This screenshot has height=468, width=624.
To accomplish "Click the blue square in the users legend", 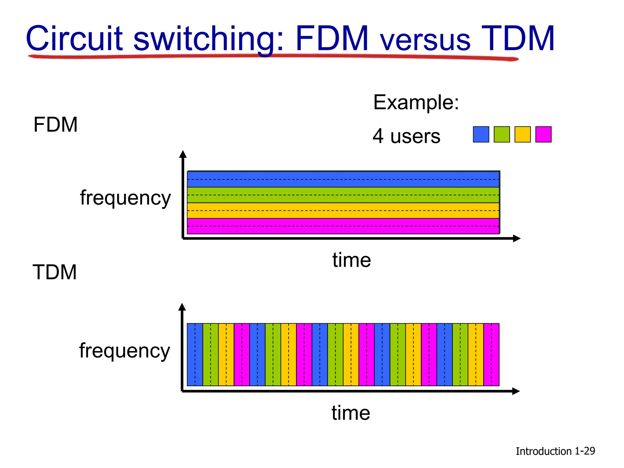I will tap(481, 134).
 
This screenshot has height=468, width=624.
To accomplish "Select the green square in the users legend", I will tap(502, 134).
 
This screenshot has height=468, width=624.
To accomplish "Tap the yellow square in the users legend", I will tap(523, 134).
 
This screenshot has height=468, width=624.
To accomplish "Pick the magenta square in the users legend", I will tap(543, 134).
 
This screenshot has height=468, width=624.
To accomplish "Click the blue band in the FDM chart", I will tap(343, 179).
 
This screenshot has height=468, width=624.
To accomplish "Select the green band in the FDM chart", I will tap(343, 195).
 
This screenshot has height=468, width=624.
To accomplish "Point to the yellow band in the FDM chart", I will tap(343, 211).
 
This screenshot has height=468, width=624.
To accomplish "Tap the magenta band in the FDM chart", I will tap(343, 226).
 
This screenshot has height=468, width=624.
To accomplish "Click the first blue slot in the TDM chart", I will tap(195, 355).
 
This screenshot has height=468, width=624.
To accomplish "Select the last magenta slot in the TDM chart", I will tap(491, 355).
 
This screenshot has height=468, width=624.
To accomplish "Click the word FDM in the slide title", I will tap(332, 39).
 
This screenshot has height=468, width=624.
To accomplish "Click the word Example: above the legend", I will tap(416, 102).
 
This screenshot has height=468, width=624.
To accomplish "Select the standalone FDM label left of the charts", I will tap(55, 125).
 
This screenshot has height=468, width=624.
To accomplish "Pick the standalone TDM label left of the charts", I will tap(55, 272).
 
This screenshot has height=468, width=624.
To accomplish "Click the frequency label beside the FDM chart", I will tap(125, 198).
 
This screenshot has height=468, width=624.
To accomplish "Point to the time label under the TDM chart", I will tap(351, 413).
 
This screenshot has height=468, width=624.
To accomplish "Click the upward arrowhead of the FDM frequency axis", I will tap(183, 154).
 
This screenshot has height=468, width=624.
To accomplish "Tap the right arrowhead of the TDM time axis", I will tap(516, 391).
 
